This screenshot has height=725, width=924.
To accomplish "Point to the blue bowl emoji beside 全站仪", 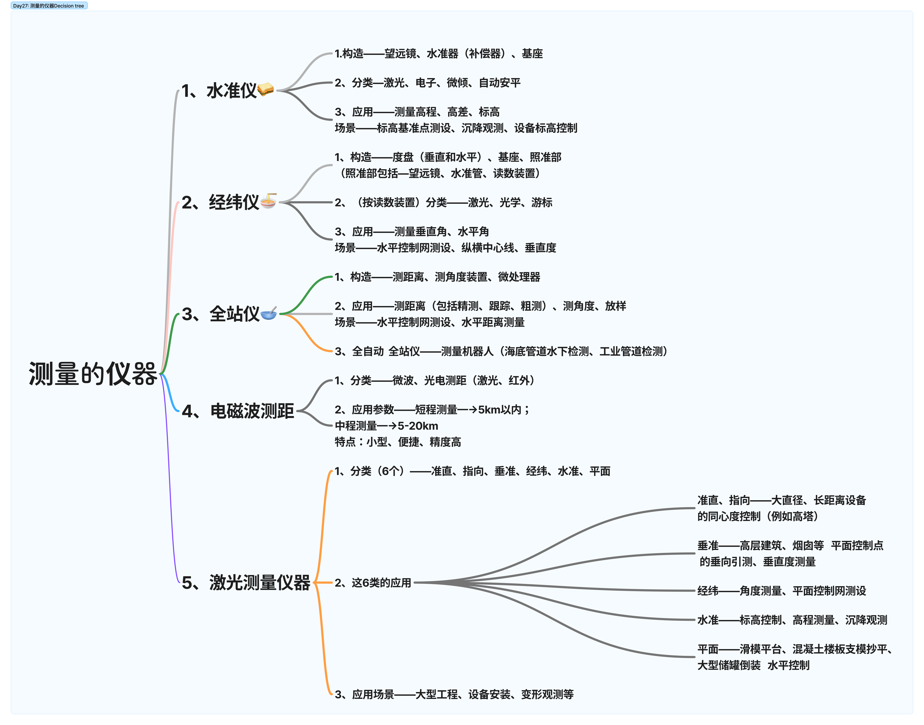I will (269, 313).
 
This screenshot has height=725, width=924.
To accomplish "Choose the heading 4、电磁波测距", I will (238, 411).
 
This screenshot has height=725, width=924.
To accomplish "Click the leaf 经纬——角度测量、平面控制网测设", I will (781, 590).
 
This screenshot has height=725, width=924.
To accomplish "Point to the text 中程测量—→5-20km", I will (386, 426).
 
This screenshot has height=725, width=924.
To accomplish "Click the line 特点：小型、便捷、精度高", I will (398, 442).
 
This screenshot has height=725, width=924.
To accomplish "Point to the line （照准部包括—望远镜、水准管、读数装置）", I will (439, 173).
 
